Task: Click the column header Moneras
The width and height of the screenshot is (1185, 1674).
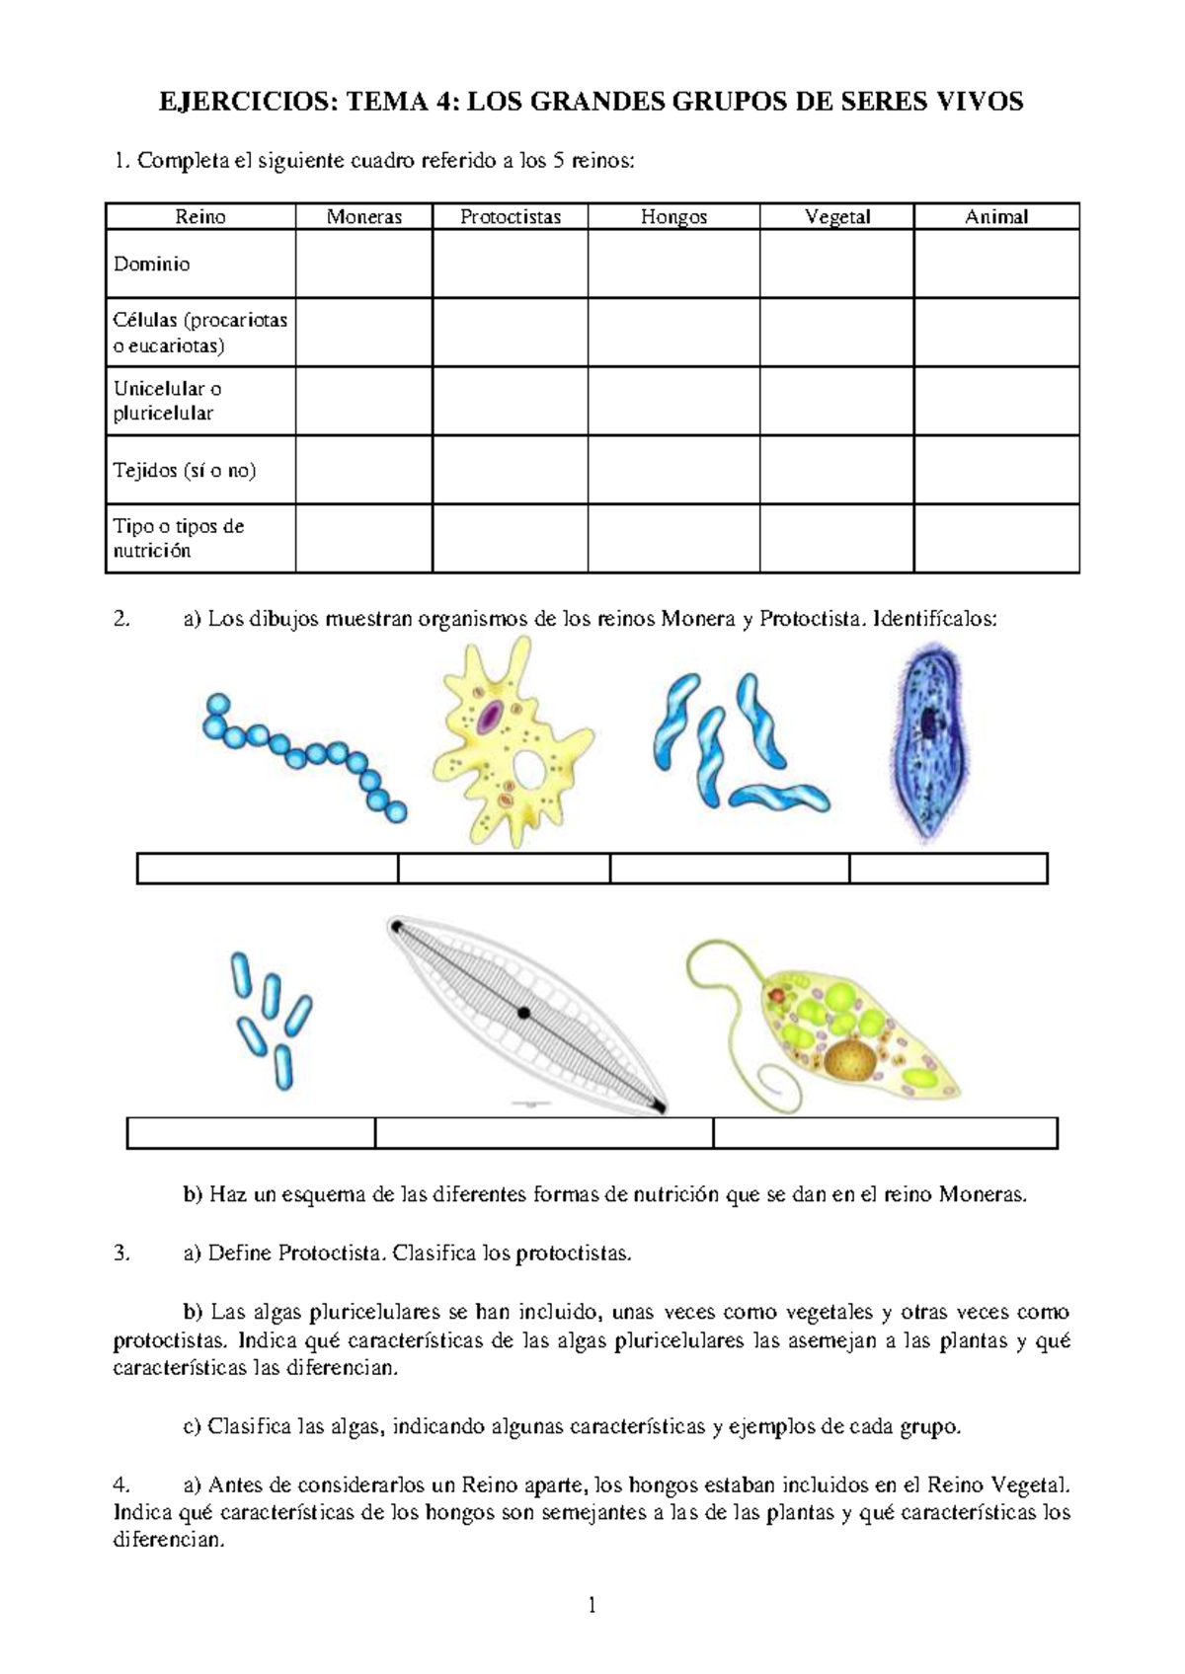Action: click(363, 217)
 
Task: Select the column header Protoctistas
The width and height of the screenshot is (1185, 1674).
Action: click(510, 217)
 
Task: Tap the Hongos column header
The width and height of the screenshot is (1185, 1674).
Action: click(673, 217)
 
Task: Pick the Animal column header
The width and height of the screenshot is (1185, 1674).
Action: click(996, 217)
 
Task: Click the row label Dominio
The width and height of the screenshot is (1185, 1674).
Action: click(151, 264)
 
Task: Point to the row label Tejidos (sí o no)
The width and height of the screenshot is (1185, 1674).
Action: click(185, 470)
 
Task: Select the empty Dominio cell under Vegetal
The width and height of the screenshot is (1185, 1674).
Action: click(836, 264)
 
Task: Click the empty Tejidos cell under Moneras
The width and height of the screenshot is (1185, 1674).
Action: click(363, 470)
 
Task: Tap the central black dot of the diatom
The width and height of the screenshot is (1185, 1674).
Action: click(523, 1013)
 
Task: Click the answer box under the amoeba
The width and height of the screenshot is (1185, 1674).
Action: click(504, 869)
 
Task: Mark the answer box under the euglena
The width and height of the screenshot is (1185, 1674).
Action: click(885, 1133)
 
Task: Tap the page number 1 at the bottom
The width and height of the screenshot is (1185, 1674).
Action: click(592, 1606)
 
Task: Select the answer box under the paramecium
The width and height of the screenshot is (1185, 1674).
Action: click(948, 869)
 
